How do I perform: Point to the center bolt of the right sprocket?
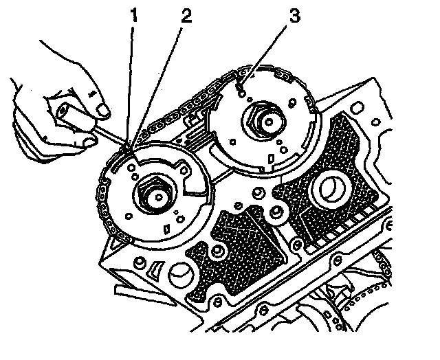(267, 122)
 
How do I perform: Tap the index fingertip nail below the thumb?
(89, 142)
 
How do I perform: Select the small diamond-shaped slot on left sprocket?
(167, 226)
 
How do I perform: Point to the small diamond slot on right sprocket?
(273, 159)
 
